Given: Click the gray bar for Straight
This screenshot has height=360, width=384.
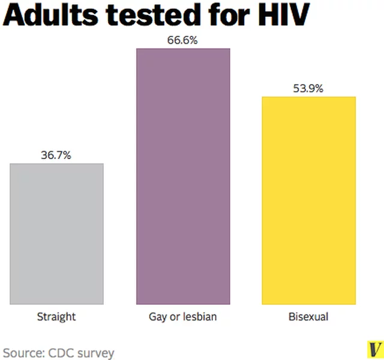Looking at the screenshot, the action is [x=56, y=234].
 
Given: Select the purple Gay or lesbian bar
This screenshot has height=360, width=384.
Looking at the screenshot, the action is [x=183, y=176].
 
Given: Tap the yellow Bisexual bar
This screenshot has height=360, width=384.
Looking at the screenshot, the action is [x=309, y=200].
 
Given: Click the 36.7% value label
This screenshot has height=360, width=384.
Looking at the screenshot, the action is [x=56, y=155].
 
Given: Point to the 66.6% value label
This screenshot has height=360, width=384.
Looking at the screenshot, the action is [x=182, y=40].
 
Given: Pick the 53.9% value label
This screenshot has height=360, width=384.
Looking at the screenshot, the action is [x=308, y=88].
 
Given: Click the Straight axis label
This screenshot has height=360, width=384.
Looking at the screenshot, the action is [x=56, y=317].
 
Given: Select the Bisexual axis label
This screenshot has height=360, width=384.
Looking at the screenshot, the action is [x=308, y=317].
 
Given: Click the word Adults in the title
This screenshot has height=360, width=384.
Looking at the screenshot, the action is [x=50, y=14].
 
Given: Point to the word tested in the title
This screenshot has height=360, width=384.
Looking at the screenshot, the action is [x=152, y=14].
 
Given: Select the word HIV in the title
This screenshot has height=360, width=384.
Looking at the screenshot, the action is [x=284, y=14].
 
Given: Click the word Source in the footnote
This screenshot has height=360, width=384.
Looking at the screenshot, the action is [x=24, y=353].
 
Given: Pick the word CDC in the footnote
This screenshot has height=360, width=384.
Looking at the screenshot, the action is [x=61, y=353].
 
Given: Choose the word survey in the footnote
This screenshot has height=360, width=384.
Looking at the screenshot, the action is [x=96, y=354].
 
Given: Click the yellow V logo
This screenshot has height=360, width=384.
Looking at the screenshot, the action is [x=375, y=349].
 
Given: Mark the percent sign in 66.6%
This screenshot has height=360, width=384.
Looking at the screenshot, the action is [x=193, y=40].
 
